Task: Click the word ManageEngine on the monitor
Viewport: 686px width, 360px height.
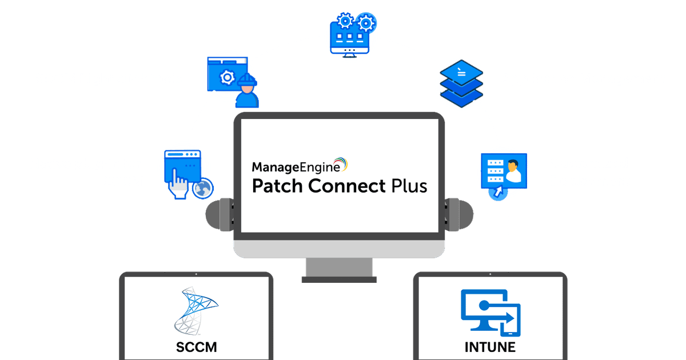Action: tap(296, 167)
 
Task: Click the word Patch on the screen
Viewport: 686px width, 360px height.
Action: tap(277, 186)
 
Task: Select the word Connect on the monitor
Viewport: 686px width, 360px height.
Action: tap(346, 186)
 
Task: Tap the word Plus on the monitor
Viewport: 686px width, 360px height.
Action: tap(409, 186)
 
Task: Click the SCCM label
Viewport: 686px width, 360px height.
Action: tap(196, 347)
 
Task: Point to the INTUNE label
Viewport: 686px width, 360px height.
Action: tap(490, 347)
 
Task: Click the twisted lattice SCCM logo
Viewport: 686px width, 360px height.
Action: tap(196, 311)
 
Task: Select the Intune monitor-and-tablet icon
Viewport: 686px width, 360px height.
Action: tap(490, 313)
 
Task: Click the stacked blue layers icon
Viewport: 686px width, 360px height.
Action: tap(461, 83)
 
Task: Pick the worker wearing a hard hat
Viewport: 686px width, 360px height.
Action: tap(247, 91)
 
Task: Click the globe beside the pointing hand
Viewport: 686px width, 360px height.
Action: tap(203, 188)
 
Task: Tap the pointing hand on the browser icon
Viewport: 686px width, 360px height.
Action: tap(177, 185)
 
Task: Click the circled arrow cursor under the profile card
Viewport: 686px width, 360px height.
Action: tap(498, 192)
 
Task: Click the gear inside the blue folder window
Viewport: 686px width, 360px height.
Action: tap(228, 78)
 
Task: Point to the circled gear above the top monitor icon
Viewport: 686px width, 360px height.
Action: tap(366, 23)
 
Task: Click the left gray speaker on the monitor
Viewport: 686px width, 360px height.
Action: tap(220, 214)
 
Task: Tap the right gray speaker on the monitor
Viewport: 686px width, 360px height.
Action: tap(458, 214)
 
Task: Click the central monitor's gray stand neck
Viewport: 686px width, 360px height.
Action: tap(339, 267)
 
